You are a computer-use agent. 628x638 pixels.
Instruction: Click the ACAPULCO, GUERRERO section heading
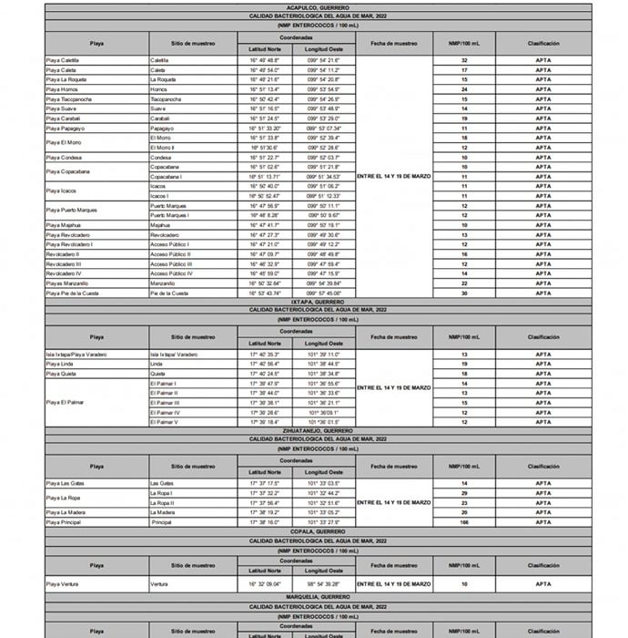[318, 7]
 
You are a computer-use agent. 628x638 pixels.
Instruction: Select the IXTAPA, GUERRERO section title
[318, 301]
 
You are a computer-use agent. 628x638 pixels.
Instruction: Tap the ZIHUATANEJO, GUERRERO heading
[318, 431]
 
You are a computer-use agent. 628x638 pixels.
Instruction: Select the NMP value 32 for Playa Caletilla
[464, 60]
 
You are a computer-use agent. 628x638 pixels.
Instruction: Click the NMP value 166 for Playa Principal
[464, 522]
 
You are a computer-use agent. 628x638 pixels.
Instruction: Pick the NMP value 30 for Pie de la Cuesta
[464, 293]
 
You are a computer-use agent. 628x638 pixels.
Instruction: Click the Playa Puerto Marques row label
[72, 211]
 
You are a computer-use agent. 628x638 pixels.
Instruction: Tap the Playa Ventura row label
[63, 583]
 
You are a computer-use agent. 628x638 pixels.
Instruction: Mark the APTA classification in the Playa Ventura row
[542, 583]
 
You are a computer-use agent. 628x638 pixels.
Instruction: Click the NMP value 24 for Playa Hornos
[464, 89]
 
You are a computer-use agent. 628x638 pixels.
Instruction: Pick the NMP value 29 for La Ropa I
[464, 493]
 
